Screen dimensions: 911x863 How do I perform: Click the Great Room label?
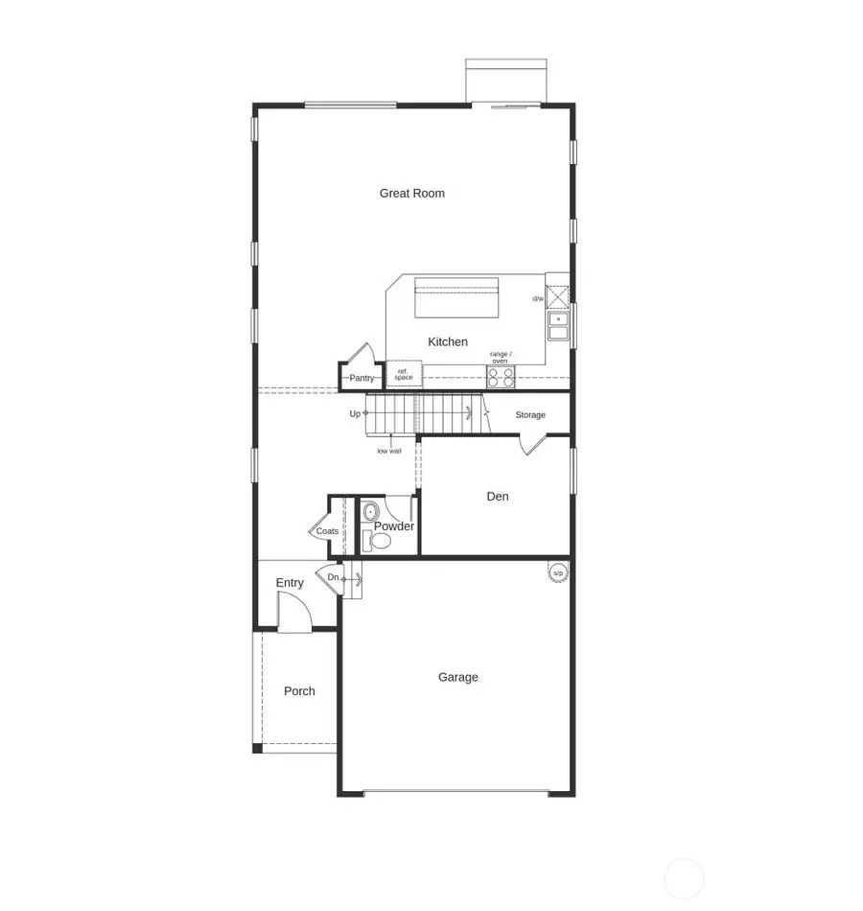point(411,193)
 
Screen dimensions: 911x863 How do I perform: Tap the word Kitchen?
point(448,341)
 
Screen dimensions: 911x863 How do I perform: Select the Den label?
point(498,496)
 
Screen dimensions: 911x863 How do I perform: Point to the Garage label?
point(458,677)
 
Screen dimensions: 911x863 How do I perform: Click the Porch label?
point(299,690)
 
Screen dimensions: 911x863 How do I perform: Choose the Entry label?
point(290,583)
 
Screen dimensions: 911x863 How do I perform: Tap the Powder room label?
point(394,526)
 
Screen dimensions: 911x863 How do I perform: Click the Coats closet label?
point(327,531)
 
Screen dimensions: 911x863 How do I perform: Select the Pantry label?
point(362,378)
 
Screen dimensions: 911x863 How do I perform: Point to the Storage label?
point(530,415)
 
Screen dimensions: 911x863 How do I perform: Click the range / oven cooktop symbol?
point(501,377)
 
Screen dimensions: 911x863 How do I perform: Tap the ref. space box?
point(404,374)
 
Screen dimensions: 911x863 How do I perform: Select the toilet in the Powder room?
point(380,542)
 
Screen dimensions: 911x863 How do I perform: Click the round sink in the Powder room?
point(371,512)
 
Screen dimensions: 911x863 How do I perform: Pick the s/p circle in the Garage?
point(558,572)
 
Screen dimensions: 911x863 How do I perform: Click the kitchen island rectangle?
point(456,298)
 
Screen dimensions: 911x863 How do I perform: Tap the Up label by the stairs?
point(355,413)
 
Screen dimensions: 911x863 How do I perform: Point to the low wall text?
point(389,451)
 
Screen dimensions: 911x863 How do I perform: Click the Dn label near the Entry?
point(333,577)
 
